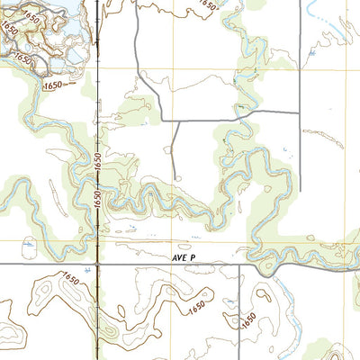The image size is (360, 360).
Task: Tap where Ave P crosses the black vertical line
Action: click(95, 264)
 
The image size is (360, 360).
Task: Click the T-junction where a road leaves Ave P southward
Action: click(239, 264)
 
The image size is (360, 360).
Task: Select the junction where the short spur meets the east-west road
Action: click(175, 121)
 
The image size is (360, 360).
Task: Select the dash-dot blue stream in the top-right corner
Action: click(315, 13)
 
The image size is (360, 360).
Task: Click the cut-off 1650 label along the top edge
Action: click(209, 4)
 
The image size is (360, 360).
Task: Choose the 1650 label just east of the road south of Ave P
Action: click(251, 319)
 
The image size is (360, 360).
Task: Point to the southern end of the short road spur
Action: click(173, 179)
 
